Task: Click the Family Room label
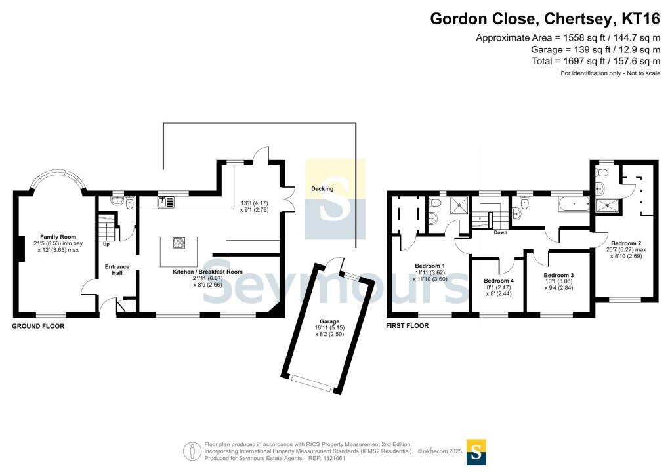pos(58,237)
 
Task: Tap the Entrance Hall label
pos(117,270)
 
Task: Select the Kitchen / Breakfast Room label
pos(207,272)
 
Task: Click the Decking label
pos(322,188)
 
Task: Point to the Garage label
pos(329,321)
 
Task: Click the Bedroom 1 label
pos(430,266)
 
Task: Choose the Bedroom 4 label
pos(499,281)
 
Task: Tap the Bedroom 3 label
pos(558,275)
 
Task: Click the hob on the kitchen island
pos(178,243)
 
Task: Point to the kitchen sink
pos(166,201)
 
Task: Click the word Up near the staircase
pos(106,244)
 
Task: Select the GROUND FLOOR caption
pos(38,326)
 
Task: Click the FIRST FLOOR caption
pos(407,325)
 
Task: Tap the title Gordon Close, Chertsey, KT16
pos(545,19)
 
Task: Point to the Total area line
pos(596,61)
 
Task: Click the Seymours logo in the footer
pos(476,452)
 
